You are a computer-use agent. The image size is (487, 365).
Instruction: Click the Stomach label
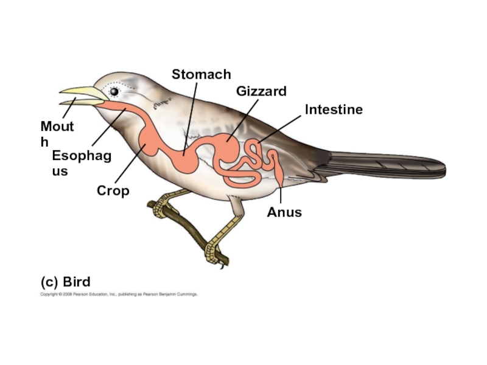(x=201, y=74)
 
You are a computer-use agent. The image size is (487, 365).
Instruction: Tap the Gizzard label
(x=261, y=91)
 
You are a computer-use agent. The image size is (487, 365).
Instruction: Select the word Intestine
(x=334, y=109)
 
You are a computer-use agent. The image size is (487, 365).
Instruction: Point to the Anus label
(x=284, y=212)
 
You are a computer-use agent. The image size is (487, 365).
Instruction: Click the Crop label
(x=113, y=191)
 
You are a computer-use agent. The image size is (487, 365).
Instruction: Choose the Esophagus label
(x=81, y=163)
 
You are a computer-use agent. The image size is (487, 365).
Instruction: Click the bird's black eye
(x=114, y=91)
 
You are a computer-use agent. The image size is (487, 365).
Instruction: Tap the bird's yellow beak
(x=82, y=94)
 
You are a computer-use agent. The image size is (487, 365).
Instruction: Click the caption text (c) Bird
(x=65, y=282)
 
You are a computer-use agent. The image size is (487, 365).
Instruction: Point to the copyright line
(x=119, y=294)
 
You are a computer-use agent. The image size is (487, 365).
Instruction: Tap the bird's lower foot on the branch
(x=213, y=252)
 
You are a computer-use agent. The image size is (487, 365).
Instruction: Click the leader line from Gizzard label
(x=243, y=119)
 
